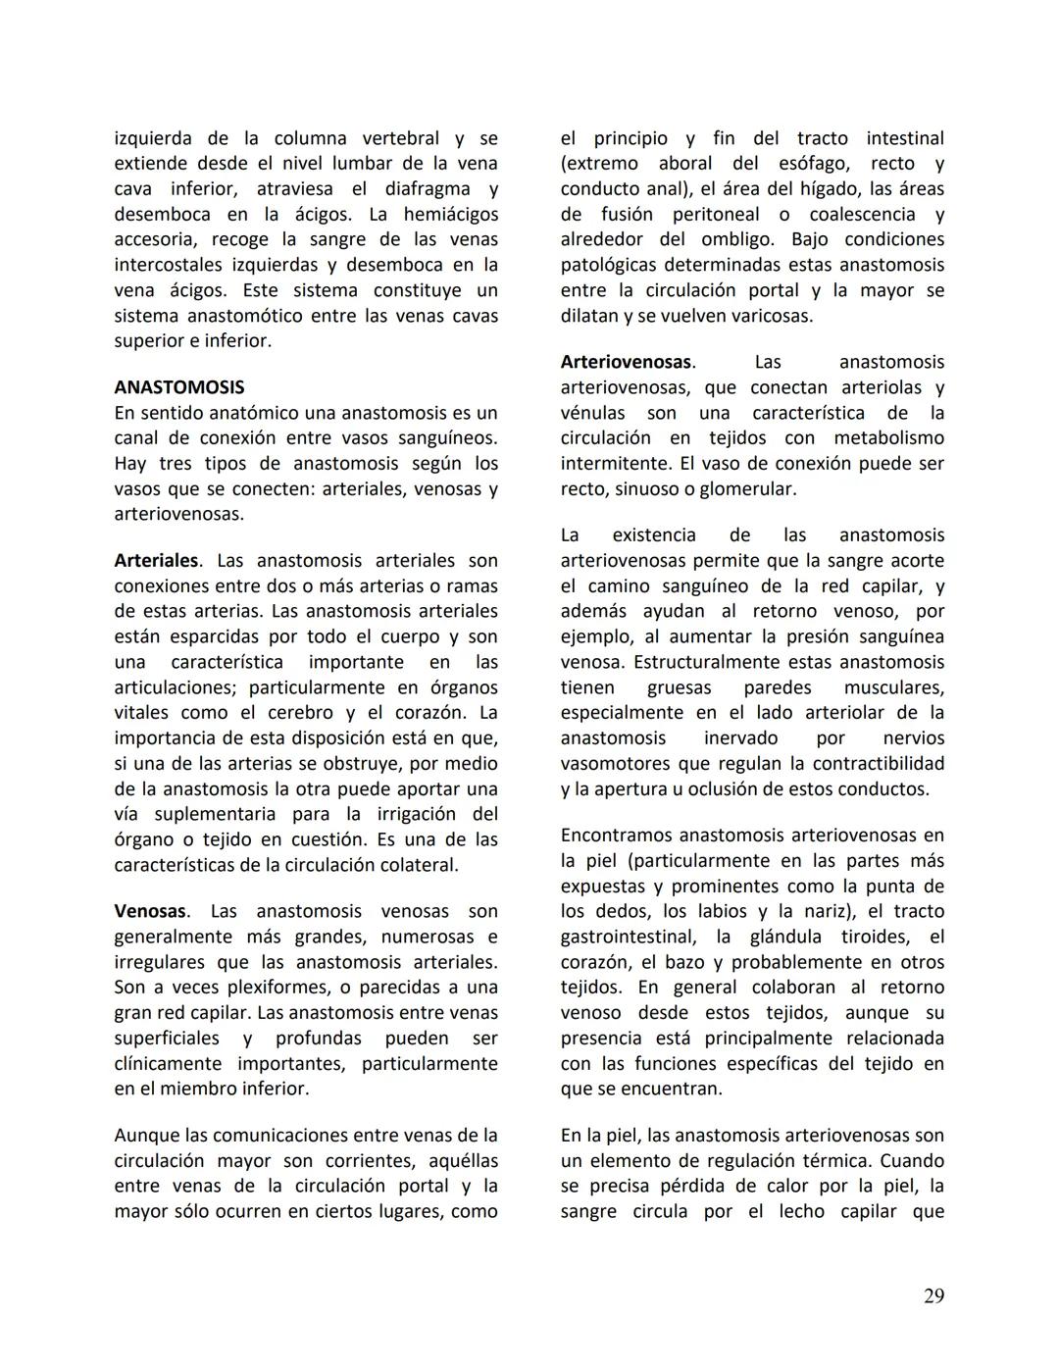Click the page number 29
[x=933, y=1296]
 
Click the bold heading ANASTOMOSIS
[x=179, y=387]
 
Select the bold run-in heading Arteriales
[x=156, y=561]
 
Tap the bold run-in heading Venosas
[x=150, y=912]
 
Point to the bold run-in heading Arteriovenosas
[x=627, y=363]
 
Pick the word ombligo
[x=736, y=239]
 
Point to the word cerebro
[x=294, y=713]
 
